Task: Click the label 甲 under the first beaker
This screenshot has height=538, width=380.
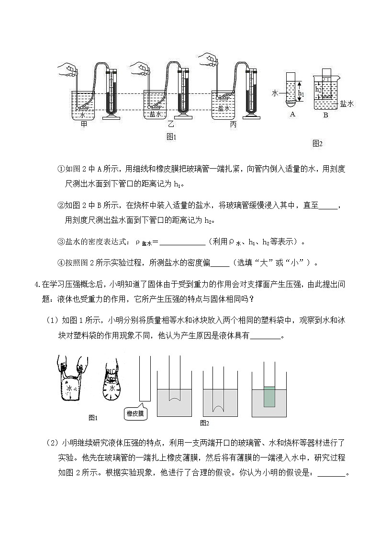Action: coord(84,124)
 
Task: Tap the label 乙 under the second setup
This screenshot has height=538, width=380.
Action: coord(170,124)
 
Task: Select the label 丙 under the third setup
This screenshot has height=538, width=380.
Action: coord(233,124)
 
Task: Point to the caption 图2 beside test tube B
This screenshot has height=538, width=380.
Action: coord(317,143)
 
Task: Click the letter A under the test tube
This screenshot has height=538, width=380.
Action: coord(292,114)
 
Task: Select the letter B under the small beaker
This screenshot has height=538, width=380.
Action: coord(325,115)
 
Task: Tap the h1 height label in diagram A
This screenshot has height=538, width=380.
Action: coord(301,94)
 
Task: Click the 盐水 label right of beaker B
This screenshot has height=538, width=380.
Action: coord(346,103)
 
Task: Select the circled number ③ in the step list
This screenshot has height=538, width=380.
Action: coord(61,242)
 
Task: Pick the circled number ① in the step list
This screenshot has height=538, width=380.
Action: coord(61,169)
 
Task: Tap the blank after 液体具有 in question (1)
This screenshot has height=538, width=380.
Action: coord(265,336)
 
